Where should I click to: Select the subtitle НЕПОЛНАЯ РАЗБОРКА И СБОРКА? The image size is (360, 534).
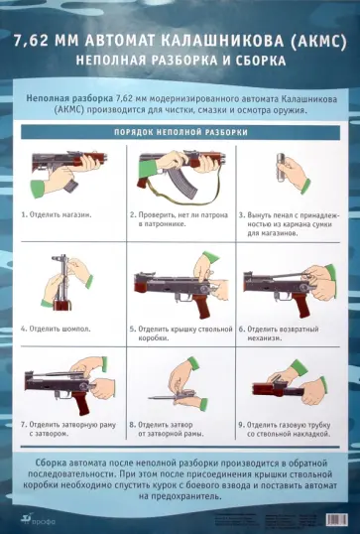pyautogui.click(x=180, y=61)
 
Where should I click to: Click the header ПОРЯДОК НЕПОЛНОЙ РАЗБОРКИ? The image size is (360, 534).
pyautogui.click(x=180, y=131)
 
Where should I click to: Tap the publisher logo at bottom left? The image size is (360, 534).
pyautogui.click(x=31, y=517)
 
